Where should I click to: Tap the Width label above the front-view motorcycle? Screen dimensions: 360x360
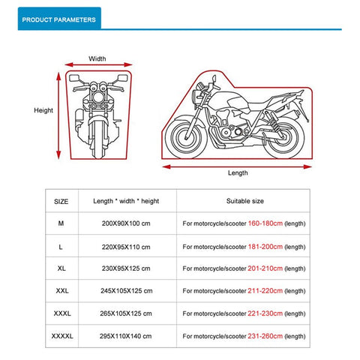pyautogui.click(x=97, y=58)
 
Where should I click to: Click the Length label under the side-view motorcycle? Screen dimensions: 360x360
pyautogui.click(x=238, y=172)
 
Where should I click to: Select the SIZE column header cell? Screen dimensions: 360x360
pyautogui.click(x=61, y=201)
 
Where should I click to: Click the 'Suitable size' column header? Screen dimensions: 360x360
pyautogui.click(x=244, y=201)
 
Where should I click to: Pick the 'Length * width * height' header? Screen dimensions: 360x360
pyautogui.click(x=126, y=201)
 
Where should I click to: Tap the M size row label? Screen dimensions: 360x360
pyautogui.click(x=61, y=223)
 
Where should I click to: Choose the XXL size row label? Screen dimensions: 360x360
pyautogui.click(x=61, y=289)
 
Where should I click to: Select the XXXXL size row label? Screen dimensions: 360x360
pyautogui.click(x=61, y=334)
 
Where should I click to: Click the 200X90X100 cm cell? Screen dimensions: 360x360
pyautogui.click(x=125, y=223)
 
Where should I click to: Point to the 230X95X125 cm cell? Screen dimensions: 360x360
pyautogui.click(x=125, y=268)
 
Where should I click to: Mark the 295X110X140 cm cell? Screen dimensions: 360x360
pyautogui.click(x=125, y=334)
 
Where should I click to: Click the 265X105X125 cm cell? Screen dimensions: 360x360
pyautogui.click(x=125, y=312)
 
